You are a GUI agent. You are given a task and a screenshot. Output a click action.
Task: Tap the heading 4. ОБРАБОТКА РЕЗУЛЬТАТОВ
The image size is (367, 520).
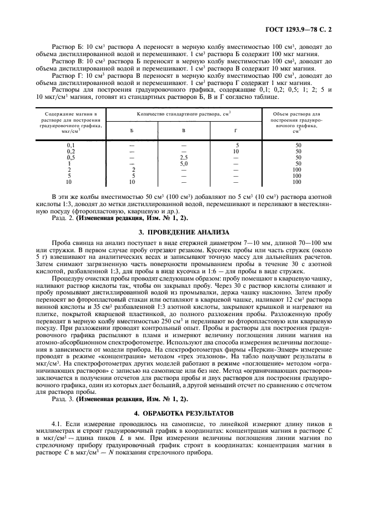183,413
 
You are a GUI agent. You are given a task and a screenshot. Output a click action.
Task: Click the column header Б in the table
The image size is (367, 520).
132,130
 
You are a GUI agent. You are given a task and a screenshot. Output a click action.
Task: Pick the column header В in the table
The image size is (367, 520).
184,130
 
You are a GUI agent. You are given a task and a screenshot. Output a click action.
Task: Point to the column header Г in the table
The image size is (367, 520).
236,130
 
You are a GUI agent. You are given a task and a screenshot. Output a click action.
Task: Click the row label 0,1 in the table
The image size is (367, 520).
71,146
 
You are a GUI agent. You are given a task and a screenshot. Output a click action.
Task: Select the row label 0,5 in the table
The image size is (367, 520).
71,158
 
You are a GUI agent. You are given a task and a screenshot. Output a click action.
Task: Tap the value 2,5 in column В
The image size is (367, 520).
184,158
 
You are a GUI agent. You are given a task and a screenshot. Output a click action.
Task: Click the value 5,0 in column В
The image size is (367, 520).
184,164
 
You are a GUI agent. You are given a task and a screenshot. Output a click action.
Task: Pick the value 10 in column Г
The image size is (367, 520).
236,152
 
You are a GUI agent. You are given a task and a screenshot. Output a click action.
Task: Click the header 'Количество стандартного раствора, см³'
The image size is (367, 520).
184,113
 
